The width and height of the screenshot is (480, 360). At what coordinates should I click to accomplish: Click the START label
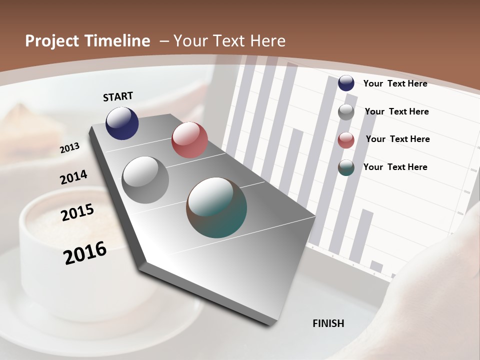coord(118,96)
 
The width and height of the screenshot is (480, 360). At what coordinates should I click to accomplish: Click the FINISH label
coord(328,323)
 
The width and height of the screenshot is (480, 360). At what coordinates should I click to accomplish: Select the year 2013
coord(69,147)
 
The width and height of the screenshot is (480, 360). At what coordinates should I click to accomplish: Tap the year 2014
coord(73,177)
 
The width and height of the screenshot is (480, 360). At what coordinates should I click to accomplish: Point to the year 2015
coord(77,212)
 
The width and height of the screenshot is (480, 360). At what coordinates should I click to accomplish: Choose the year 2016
coord(85,253)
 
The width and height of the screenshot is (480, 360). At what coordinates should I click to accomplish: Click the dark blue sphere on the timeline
coord(122,123)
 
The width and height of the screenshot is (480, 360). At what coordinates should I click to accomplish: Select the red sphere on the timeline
coord(189,140)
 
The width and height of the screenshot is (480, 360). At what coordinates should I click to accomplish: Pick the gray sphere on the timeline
coord(145,179)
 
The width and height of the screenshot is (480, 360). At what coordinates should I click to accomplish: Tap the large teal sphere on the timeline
coord(216,207)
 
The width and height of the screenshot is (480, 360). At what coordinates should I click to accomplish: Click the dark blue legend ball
coord(346,83)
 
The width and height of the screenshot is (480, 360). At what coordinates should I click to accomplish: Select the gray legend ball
coord(346,112)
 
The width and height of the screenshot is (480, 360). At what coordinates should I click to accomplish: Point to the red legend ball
coord(346,140)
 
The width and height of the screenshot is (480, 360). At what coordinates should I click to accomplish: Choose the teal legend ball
coord(346,168)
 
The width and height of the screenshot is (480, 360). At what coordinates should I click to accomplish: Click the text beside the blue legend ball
coord(395,83)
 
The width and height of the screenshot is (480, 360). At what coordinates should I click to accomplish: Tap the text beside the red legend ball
coord(397,139)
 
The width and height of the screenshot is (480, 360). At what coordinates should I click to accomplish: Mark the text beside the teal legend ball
coord(395,167)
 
